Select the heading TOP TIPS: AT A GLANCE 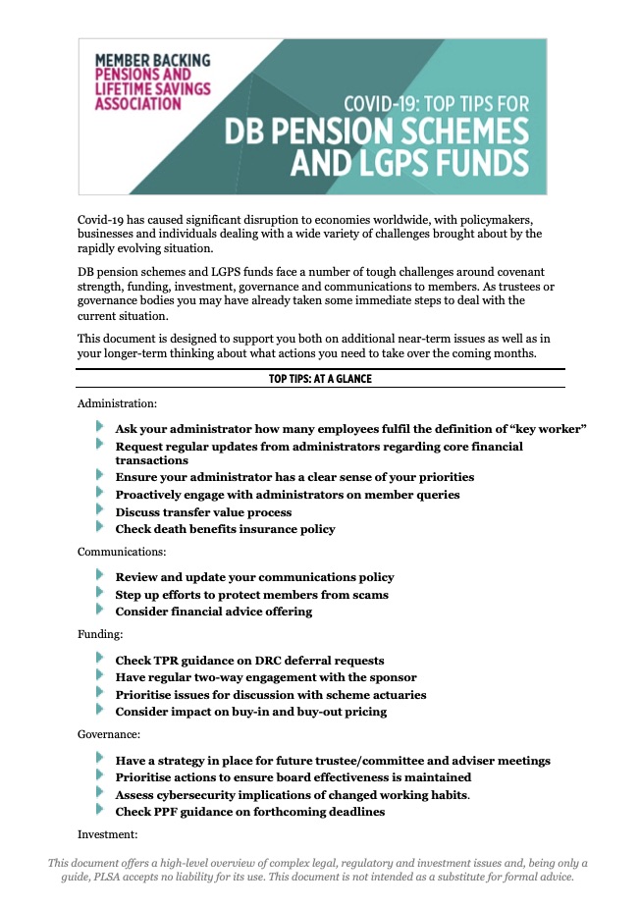coord(320,379)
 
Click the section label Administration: coord(117,402)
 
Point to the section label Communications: coord(123,552)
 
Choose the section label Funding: coord(100,634)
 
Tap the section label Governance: coord(110,734)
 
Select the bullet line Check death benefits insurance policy coord(225,529)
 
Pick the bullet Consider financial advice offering coord(214,612)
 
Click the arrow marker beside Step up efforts coord(100,594)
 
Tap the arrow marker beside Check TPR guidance coord(100,660)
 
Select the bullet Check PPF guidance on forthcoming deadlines coord(249,812)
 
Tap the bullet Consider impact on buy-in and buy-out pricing coord(250,712)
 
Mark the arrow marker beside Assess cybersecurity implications coord(100,793)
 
